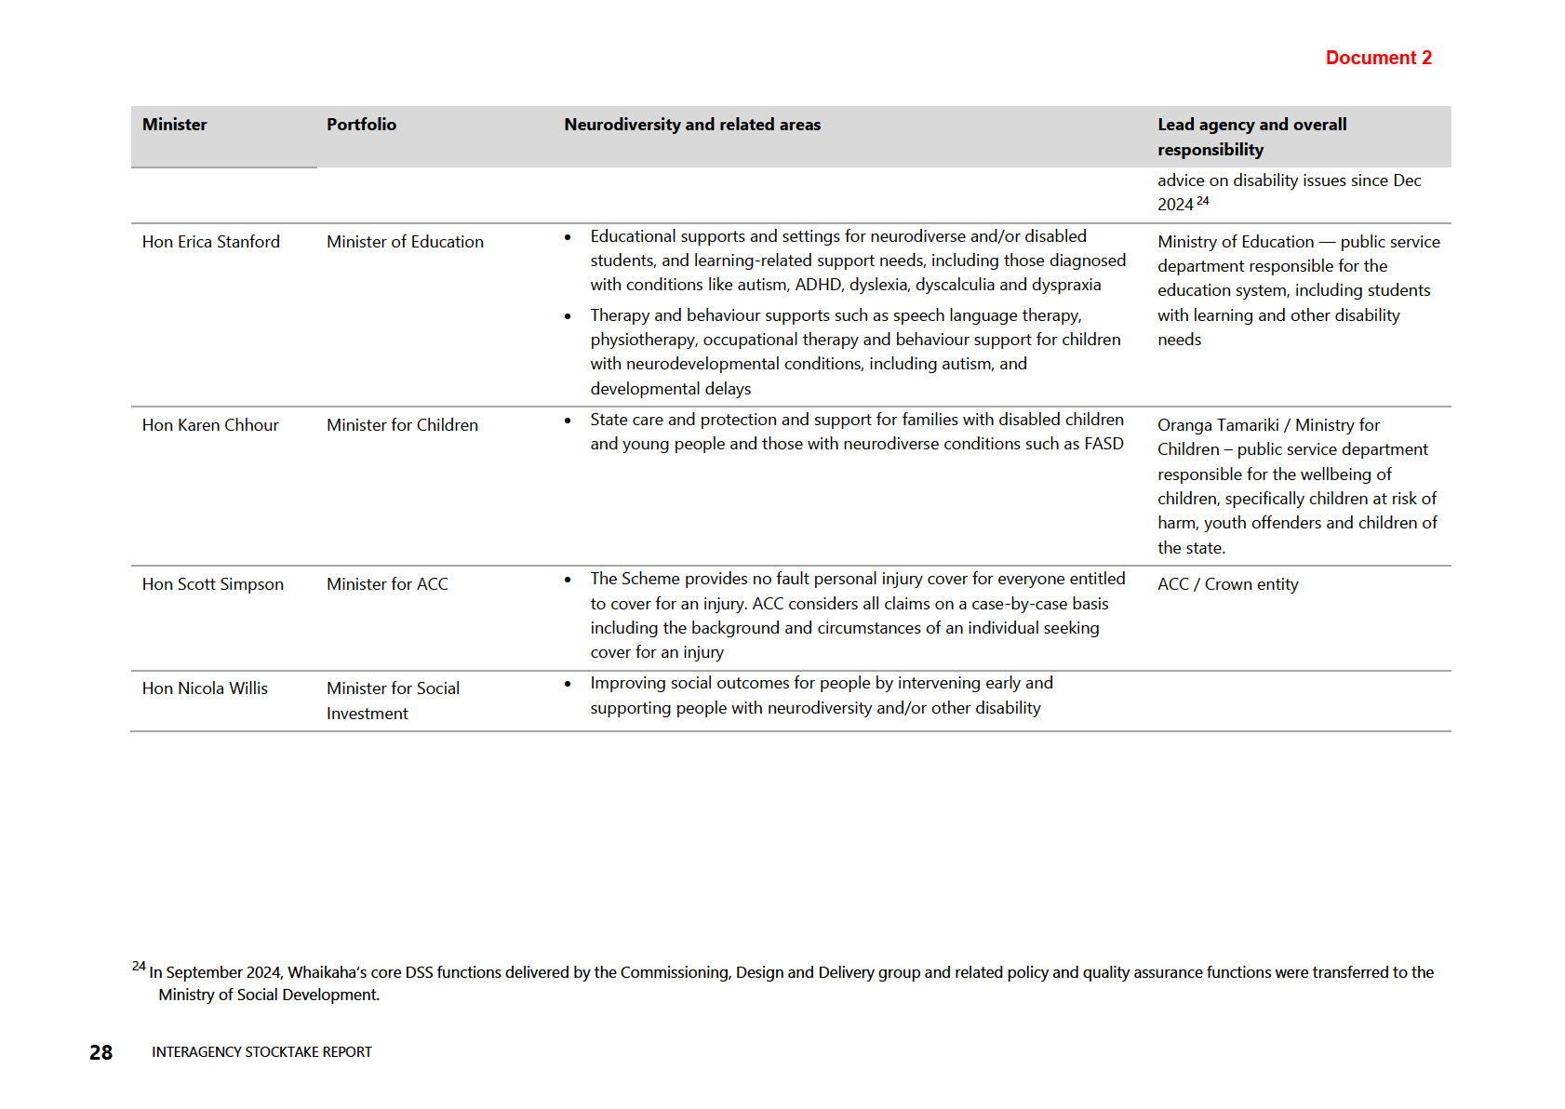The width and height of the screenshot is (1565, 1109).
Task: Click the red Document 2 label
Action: coord(1378,58)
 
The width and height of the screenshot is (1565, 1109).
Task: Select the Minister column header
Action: coord(175,125)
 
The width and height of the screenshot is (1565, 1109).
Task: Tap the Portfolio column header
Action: coord(361,125)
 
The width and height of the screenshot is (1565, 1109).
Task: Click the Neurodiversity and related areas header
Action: coord(692,125)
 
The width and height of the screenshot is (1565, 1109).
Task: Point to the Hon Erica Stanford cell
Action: coord(211,242)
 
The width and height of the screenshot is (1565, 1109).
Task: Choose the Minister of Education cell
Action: coord(405,242)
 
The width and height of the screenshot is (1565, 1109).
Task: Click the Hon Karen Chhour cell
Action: coord(210,425)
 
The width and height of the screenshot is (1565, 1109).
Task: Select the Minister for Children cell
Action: coord(402,425)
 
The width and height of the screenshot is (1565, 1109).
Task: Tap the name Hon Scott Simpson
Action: coord(213,584)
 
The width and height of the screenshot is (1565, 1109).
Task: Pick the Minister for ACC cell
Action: coord(387,584)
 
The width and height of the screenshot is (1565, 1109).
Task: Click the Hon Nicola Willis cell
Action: coord(205,688)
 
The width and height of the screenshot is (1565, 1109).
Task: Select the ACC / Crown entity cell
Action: coord(1227,584)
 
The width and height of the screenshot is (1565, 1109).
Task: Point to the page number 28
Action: coord(100,1052)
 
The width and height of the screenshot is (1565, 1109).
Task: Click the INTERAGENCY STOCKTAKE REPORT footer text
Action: coord(261,1052)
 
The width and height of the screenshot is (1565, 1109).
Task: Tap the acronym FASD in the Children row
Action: coord(1104,444)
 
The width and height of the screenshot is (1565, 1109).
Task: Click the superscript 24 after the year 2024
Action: coord(1203,201)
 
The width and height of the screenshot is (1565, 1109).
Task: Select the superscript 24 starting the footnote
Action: coord(139,966)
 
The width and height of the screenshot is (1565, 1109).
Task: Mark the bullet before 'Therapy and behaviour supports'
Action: coord(568,316)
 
